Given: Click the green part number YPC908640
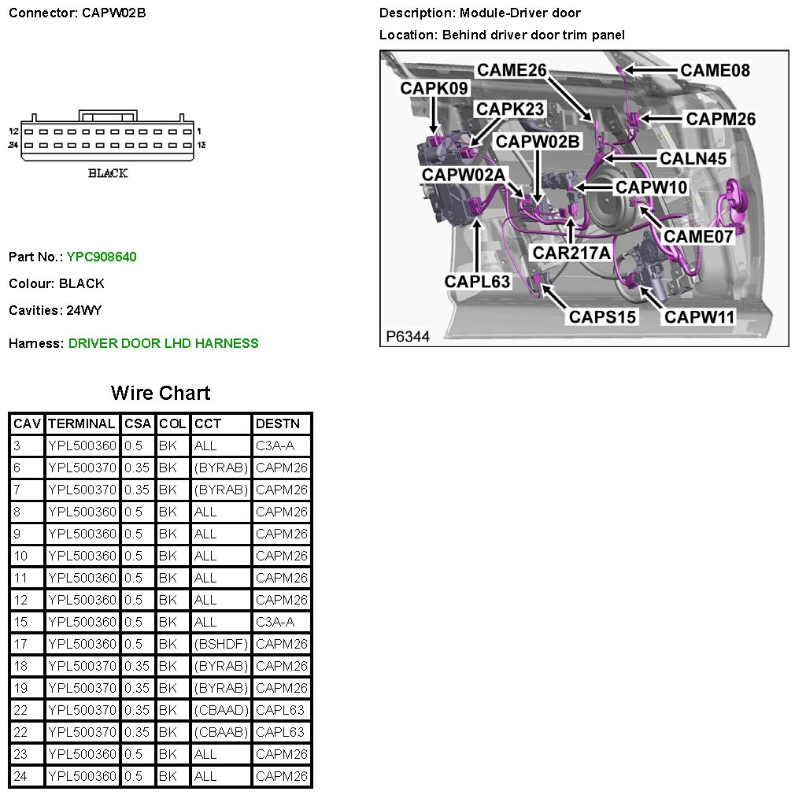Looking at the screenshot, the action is pos(102,257).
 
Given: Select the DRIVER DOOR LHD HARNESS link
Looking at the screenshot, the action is pos(163,343).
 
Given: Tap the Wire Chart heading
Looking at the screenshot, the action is pos(161,393).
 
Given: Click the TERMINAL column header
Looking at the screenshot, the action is pos(82,423).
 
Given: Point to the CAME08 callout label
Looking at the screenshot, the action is pos(715,71).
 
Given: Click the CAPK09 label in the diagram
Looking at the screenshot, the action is pos(434,88).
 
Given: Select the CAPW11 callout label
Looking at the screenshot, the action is pos(699,317).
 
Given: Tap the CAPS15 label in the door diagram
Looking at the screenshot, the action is pos(603,317).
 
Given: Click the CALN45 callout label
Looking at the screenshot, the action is pos(693,158).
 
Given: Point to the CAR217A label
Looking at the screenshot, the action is pos(571,253).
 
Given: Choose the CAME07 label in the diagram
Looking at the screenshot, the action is pos(698,236).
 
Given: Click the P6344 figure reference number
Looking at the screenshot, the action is pos(408,337).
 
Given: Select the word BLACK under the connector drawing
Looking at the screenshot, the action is pos(108,173).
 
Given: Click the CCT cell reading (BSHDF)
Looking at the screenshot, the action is pos(221,644).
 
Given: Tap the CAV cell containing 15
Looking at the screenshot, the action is pos(27,622).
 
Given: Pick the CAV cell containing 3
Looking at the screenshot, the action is pos(27,446).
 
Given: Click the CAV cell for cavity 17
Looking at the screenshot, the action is pos(27,644).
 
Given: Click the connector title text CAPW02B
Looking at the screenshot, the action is pos(114,13).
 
